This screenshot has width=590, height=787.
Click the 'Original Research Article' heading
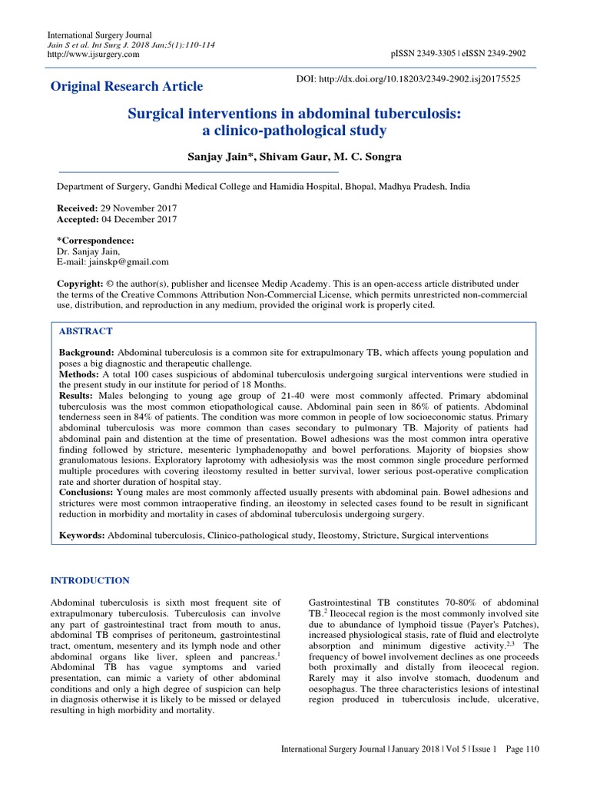(127, 86)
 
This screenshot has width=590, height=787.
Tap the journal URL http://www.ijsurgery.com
(94, 55)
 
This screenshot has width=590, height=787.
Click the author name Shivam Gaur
(287, 156)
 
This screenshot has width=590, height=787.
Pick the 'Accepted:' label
(79, 219)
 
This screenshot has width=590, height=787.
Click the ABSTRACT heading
(86, 331)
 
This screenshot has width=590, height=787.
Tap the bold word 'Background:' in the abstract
(88, 352)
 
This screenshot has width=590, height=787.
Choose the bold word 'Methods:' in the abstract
(80, 374)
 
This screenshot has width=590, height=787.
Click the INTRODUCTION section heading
(90, 580)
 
